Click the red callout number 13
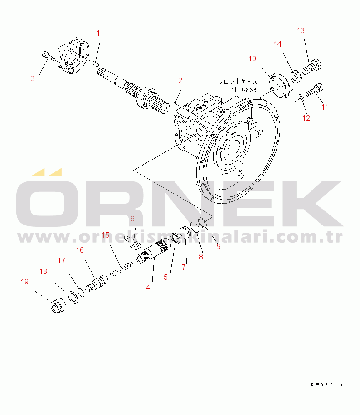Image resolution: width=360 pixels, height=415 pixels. [x=301, y=31]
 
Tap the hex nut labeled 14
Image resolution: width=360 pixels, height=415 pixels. [x=295, y=77]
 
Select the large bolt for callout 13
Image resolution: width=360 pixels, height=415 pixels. [x=312, y=67]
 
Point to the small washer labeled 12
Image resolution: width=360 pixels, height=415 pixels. [x=301, y=98]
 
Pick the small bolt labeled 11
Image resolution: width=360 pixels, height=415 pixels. [x=315, y=90]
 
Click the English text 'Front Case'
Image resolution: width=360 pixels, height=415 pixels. [x=237, y=89]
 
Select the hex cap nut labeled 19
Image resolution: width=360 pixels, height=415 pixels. [x=58, y=305]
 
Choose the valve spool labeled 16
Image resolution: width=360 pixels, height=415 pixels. [x=97, y=283]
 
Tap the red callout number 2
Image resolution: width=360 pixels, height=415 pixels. [x=180, y=80]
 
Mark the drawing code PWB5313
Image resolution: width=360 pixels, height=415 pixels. [x=326, y=385]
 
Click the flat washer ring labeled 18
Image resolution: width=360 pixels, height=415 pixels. [x=73, y=297]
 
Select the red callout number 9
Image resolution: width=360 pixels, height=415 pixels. [x=219, y=246]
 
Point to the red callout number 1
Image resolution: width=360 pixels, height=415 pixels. [x=98, y=34]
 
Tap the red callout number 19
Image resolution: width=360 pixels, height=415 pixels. [x=24, y=282]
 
